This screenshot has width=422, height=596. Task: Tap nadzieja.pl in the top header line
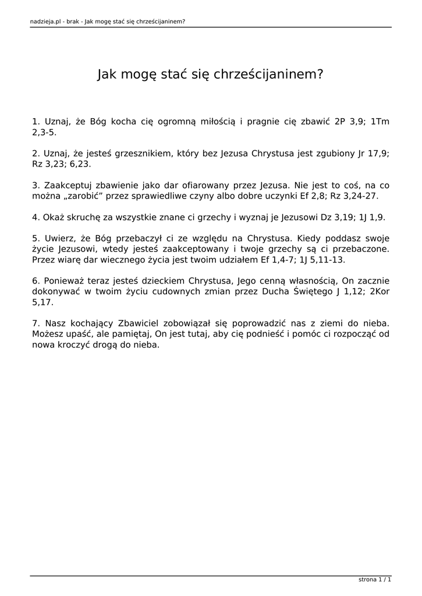[46, 22]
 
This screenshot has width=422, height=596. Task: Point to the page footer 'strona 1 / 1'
[375, 580]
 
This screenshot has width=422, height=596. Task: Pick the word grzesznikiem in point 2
[142, 154]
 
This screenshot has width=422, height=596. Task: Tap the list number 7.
[36, 322]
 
